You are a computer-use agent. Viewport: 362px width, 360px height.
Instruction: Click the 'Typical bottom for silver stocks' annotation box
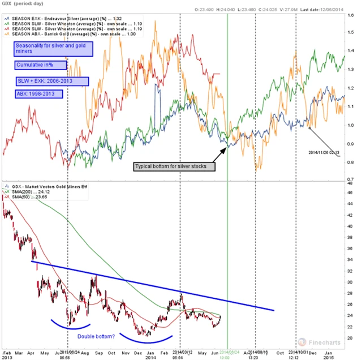pyautogui.click(x=174, y=167)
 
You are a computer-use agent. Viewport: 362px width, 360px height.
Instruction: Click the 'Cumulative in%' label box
pyautogui.click(x=41, y=66)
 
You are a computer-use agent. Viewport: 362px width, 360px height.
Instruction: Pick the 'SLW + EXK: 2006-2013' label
pyautogui.click(x=51, y=82)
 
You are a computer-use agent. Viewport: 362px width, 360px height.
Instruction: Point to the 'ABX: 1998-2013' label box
pyautogui.click(x=39, y=93)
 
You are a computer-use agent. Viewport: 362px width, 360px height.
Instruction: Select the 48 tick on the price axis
pyautogui.click(x=351, y=183)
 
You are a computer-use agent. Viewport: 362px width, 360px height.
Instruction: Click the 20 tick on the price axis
pyautogui.click(x=351, y=338)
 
